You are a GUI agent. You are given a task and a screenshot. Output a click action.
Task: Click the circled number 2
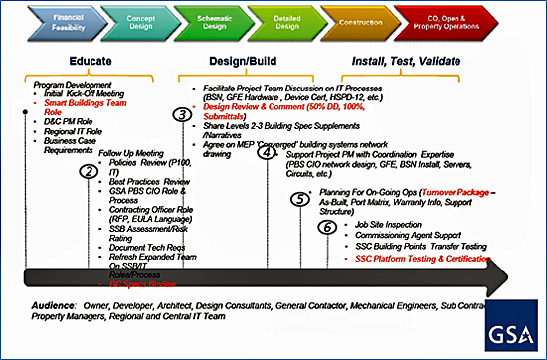tap(90, 172)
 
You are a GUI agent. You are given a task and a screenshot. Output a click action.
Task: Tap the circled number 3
tap(181, 115)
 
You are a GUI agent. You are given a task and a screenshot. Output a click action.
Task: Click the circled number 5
tap(299, 198)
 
